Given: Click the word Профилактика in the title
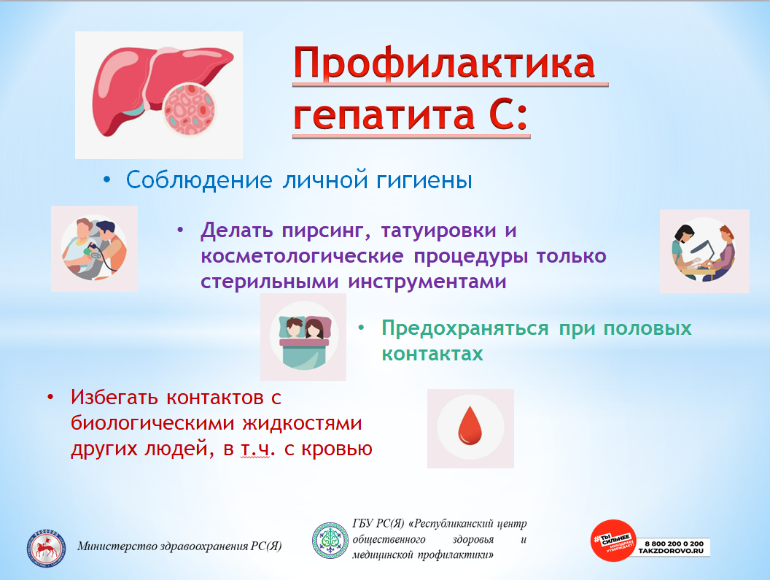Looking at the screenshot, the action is click(444, 63).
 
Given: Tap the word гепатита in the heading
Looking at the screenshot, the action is click(384, 116).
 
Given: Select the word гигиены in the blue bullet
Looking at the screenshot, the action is click(424, 181).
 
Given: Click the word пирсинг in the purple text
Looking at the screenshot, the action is click(326, 231).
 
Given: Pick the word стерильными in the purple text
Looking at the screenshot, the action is click(270, 282).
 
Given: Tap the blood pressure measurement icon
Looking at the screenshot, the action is click(94, 249).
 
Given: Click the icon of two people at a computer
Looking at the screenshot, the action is click(704, 251).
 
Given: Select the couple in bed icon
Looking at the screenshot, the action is click(303, 336).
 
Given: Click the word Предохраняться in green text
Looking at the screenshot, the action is click(465, 329).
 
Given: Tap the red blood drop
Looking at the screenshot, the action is click(470, 425).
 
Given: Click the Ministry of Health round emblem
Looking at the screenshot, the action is click(46, 548).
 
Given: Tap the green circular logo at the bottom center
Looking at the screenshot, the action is click(330, 541).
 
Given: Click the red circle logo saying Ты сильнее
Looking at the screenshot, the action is click(613, 541).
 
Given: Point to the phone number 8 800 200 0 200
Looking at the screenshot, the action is click(674, 544).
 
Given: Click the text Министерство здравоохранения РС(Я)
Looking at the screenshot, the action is click(179, 546).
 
